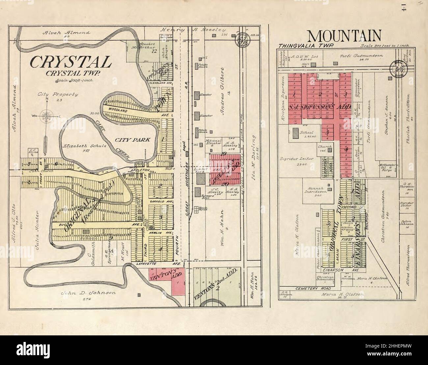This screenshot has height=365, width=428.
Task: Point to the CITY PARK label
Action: coord(133,140)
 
